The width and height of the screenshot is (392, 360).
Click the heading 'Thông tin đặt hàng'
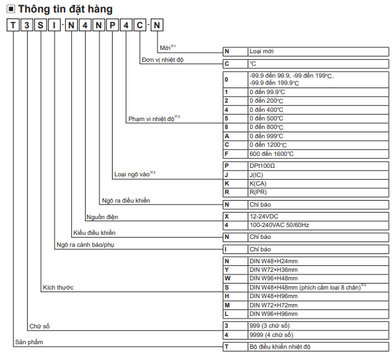click(65, 9)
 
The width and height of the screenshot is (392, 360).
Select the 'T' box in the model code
click(13, 25)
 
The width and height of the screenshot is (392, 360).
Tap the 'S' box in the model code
click(40, 25)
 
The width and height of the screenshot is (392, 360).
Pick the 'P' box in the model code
click(113, 25)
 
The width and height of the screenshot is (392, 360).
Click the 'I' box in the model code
click(54, 25)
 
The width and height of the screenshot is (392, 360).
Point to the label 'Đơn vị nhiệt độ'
click(163, 60)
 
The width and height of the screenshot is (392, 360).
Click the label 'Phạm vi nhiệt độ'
click(152, 119)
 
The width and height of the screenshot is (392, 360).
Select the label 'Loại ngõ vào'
click(132, 174)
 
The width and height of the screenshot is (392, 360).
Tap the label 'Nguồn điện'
click(102, 217)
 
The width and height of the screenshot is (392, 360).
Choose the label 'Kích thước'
click(58, 288)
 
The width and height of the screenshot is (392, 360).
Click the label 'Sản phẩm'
click(29, 342)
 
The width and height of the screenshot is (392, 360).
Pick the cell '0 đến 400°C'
click(318, 110)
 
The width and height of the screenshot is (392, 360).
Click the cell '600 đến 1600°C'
click(318, 154)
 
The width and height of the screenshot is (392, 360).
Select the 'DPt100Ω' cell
click(318, 166)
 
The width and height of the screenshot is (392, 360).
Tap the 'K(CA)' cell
click(318, 184)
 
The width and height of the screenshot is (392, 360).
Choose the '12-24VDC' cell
click(318, 217)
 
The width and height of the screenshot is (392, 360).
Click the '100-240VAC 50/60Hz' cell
click(318, 225)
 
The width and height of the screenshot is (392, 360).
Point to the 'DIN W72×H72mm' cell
click(318, 305)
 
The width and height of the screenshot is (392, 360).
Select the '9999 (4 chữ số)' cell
click(318, 335)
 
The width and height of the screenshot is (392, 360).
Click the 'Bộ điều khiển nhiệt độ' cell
click(318, 347)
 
